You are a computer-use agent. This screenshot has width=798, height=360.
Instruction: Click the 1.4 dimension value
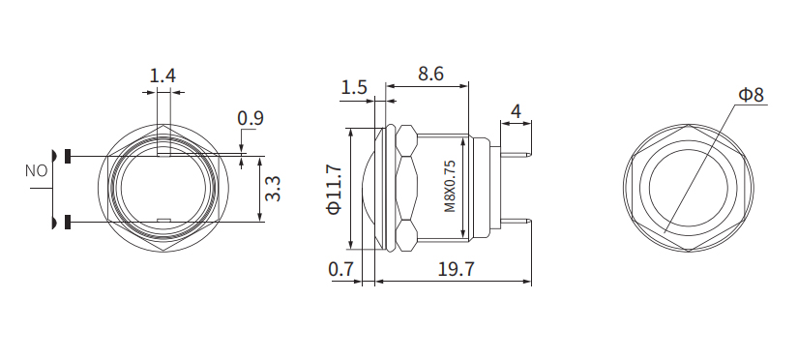click(x=163, y=75)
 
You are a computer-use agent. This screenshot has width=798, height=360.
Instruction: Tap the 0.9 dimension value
click(x=251, y=119)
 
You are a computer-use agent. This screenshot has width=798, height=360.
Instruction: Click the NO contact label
click(x=36, y=170)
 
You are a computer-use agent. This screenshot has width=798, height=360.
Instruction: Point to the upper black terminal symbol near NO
click(x=68, y=155)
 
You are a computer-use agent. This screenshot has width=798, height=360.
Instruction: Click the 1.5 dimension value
click(x=354, y=87)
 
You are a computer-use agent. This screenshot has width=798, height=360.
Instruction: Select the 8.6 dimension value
click(x=430, y=73)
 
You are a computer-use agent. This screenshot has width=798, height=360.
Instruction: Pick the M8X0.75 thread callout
click(x=449, y=186)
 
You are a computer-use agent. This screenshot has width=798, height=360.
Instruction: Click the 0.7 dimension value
click(x=340, y=270)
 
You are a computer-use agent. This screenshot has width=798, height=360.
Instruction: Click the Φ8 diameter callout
click(x=751, y=94)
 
